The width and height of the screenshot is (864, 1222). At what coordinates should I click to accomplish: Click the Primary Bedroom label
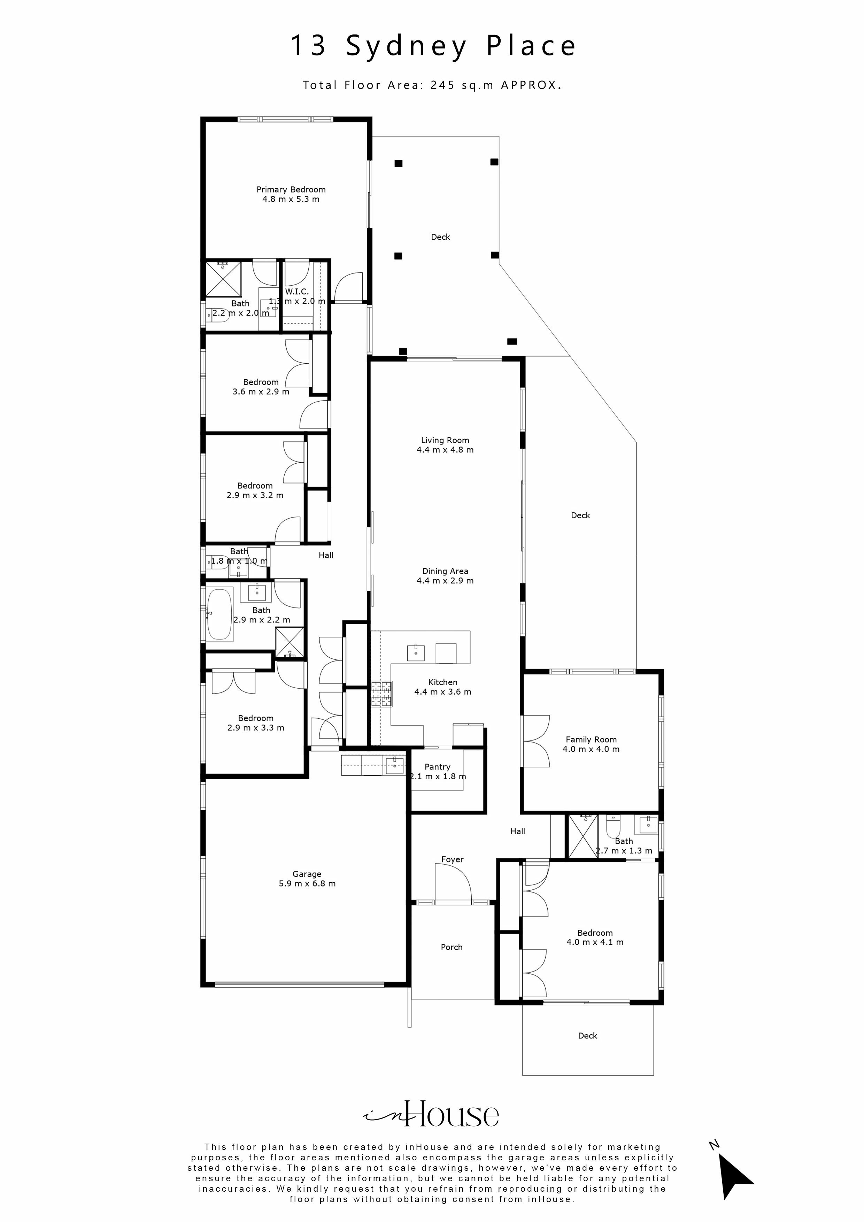[291, 190]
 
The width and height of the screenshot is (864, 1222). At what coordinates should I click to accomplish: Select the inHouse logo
[431, 1114]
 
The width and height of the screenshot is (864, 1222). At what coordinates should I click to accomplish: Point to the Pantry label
[437, 767]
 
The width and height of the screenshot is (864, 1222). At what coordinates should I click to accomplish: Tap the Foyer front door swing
[453, 883]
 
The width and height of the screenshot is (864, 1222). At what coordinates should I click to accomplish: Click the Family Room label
[591, 739]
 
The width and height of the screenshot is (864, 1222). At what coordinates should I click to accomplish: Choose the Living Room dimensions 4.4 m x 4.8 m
[445, 450]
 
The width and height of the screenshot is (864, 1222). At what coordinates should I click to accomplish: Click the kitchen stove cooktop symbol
[381, 694]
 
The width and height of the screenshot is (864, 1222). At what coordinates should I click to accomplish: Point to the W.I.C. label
[296, 292]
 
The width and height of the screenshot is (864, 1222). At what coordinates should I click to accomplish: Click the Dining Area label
[445, 571]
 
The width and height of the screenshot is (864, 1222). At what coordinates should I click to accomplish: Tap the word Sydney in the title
[407, 46]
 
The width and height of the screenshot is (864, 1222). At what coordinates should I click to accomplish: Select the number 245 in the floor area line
[442, 85]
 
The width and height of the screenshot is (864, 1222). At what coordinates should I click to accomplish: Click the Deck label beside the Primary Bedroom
[440, 237]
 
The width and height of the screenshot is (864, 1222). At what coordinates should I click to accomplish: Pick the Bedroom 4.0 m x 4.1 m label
[595, 933]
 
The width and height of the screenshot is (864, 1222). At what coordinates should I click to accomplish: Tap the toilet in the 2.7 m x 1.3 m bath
[613, 827]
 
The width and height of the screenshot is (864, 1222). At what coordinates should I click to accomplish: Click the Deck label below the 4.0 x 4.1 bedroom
[587, 1036]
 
